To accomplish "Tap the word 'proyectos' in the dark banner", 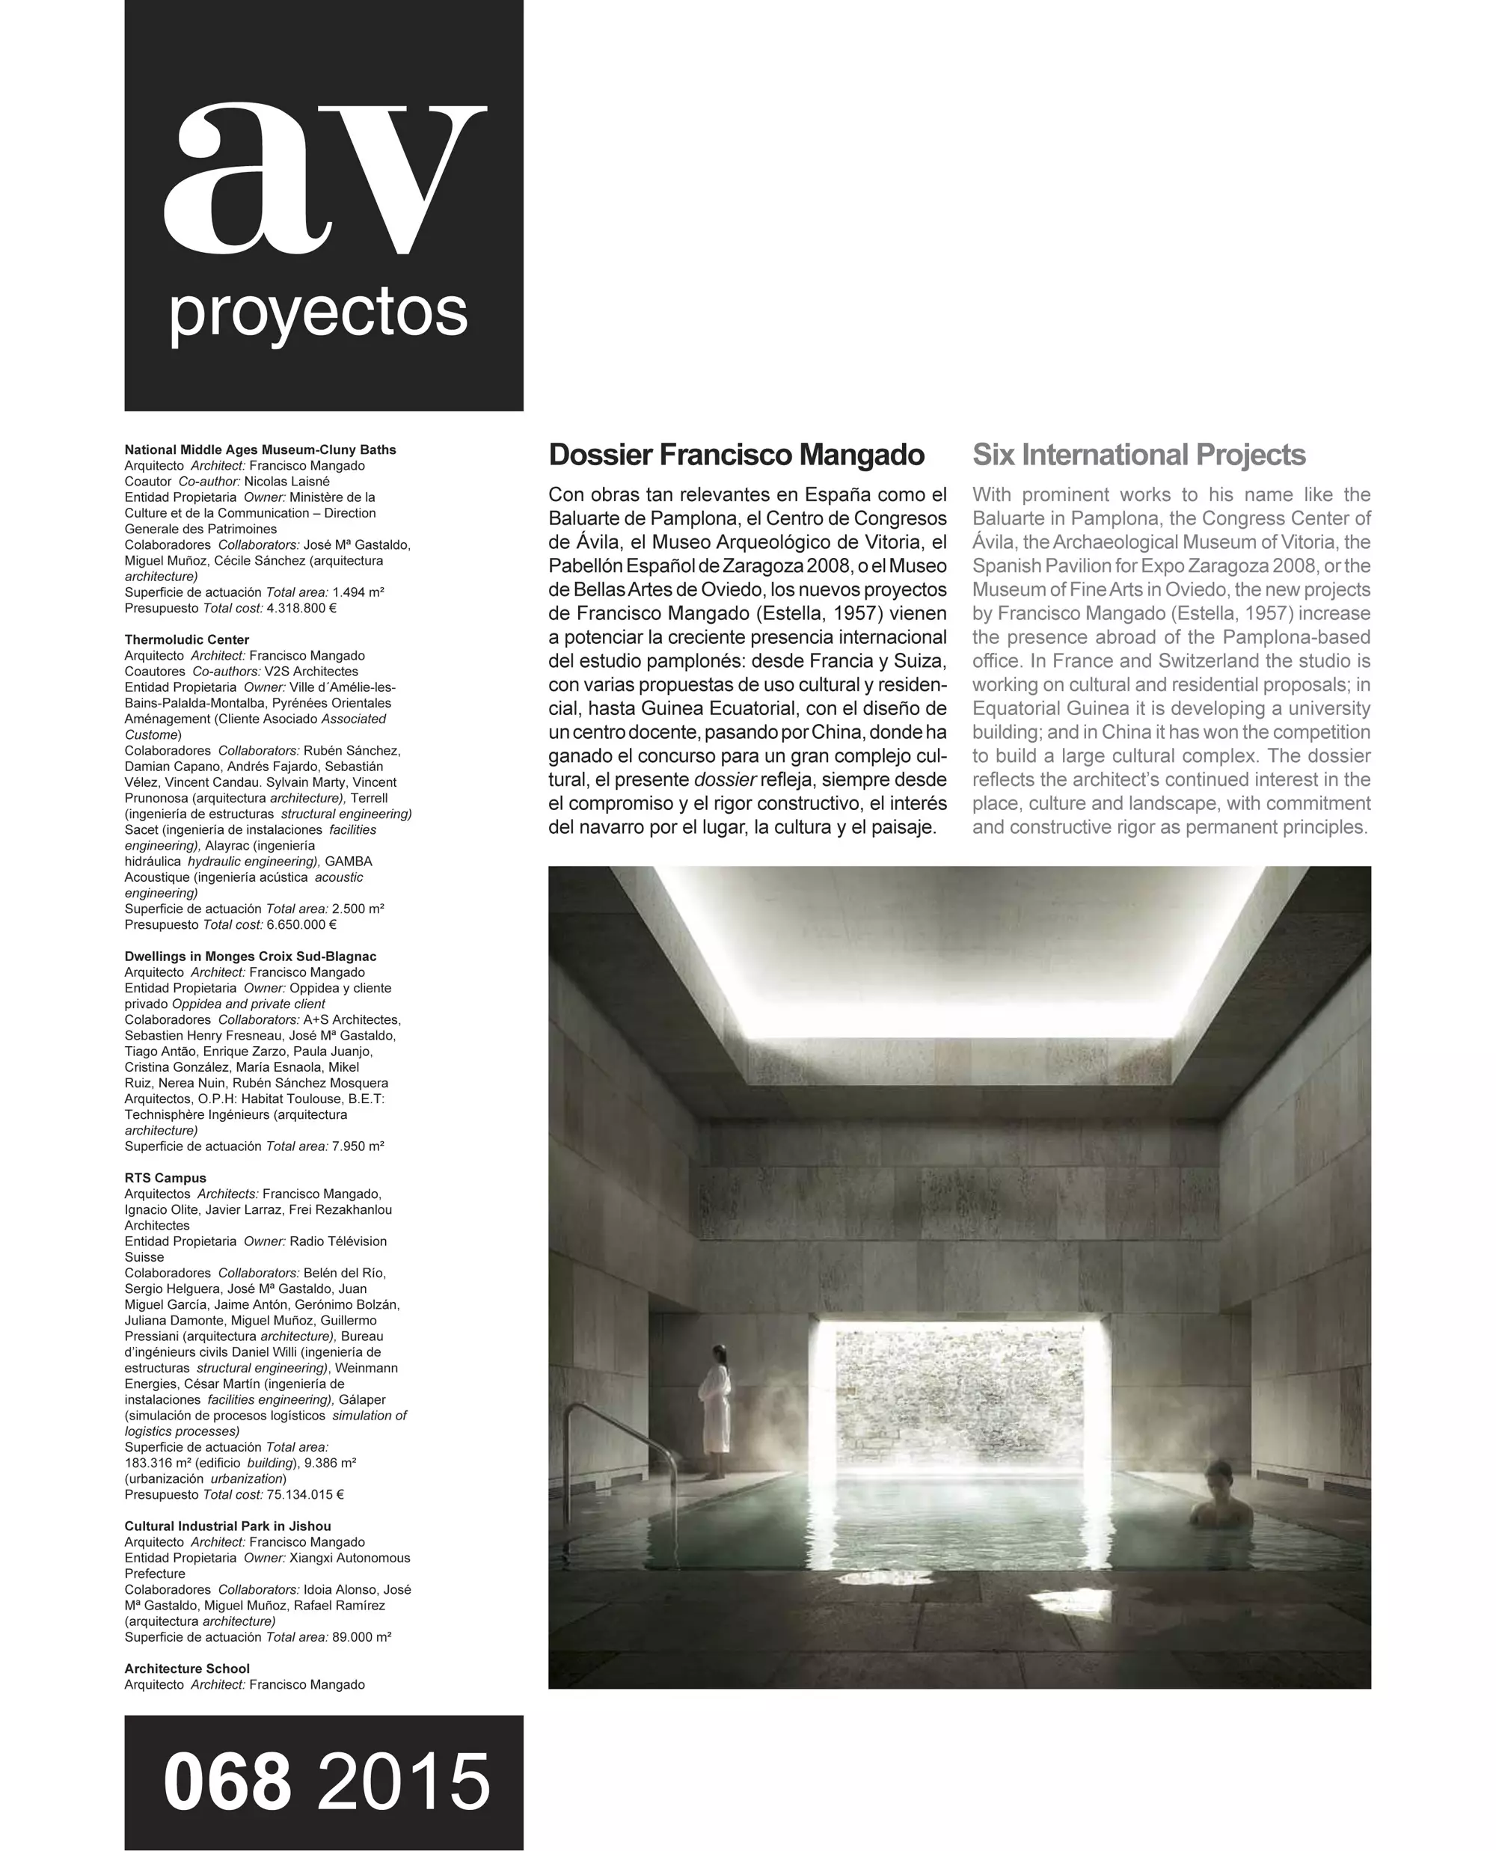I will click(x=318, y=313).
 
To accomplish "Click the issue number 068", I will click(x=227, y=1782).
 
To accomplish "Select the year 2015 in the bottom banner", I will click(x=403, y=1782).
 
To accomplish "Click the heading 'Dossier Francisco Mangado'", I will click(x=736, y=455).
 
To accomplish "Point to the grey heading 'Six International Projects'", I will click(x=1138, y=455).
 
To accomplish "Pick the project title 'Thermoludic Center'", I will click(x=187, y=639).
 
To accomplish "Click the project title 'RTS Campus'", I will click(x=165, y=1178).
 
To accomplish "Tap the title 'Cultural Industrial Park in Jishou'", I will click(x=227, y=1526).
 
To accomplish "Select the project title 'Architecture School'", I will click(x=187, y=1669).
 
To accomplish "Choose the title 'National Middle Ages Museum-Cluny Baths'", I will click(x=260, y=449).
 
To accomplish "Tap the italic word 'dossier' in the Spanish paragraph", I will click(x=725, y=780).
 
